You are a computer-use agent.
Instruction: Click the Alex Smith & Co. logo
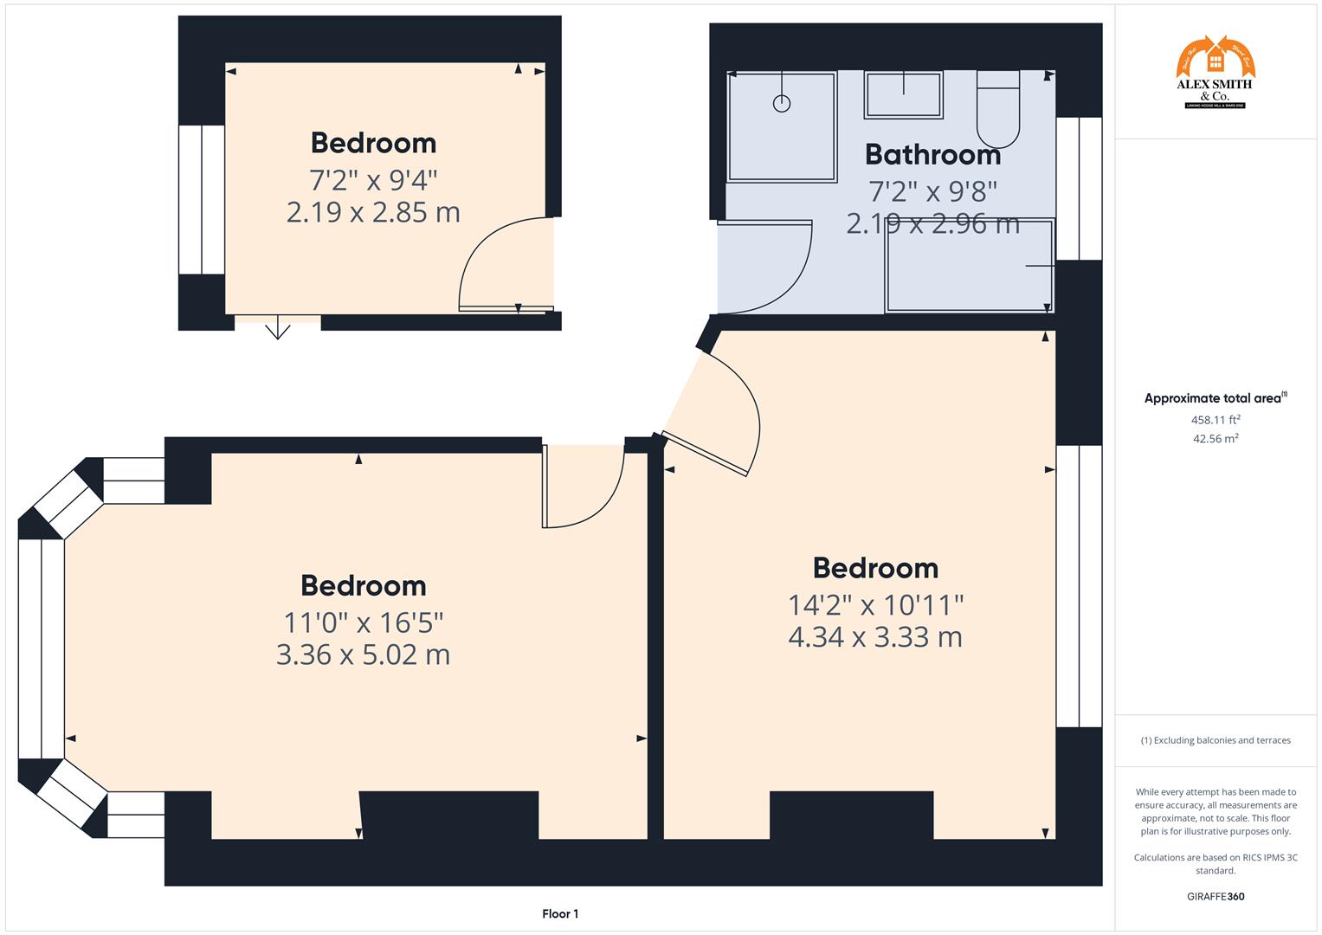coord(1215,73)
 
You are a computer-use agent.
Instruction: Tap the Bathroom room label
coord(932,154)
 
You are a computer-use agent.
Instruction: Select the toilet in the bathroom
coord(998,111)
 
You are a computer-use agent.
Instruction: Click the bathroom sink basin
coord(903,94)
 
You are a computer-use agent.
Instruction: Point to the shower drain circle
coord(782,104)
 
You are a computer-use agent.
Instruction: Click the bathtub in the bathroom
coord(969,266)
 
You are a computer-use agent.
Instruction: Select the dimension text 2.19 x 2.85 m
coord(373,212)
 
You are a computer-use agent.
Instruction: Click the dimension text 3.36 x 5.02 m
coord(363,654)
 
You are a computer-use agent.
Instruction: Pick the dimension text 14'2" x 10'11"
coord(875,604)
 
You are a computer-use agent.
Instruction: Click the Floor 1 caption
coord(560,913)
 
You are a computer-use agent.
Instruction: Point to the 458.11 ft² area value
coord(1216,420)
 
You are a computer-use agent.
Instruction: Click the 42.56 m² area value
coord(1216,439)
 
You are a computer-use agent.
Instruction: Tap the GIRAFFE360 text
coord(1216,896)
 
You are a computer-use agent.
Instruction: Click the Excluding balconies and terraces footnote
coord(1216,740)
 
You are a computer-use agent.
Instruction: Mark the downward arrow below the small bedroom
coord(277,330)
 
